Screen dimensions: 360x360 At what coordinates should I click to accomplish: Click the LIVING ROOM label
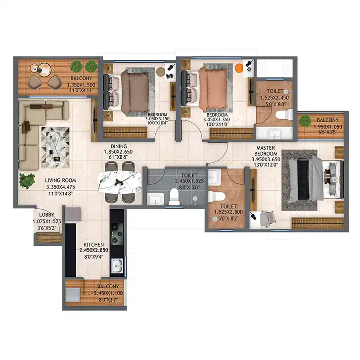(x=60, y=180)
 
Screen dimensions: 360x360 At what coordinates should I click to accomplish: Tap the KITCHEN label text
(x=93, y=245)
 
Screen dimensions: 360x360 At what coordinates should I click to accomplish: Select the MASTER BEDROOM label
(x=266, y=151)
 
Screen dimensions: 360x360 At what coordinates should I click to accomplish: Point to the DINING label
(x=119, y=146)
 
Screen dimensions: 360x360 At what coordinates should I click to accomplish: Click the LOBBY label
(x=46, y=215)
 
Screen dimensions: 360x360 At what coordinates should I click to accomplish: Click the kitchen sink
(x=117, y=266)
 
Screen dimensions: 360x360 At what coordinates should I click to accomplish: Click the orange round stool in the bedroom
(x=239, y=68)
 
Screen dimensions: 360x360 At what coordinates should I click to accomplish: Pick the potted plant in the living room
(x=27, y=181)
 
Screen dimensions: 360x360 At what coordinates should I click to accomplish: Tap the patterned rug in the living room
(x=55, y=147)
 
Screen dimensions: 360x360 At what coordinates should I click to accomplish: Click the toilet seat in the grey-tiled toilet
(x=174, y=196)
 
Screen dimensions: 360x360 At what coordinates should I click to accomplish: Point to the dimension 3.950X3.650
(x=266, y=159)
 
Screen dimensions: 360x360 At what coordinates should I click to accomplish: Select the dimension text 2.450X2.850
(x=93, y=250)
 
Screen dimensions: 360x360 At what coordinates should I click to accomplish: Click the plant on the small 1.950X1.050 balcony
(x=305, y=121)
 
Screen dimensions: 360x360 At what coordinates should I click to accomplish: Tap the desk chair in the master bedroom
(x=268, y=219)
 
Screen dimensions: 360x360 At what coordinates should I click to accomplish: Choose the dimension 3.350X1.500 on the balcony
(x=81, y=85)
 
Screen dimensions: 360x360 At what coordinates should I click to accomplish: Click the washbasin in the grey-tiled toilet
(x=155, y=199)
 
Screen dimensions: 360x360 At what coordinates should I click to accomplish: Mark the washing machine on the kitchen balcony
(x=73, y=295)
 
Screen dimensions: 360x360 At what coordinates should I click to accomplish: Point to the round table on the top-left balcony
(x=44, y=70)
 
